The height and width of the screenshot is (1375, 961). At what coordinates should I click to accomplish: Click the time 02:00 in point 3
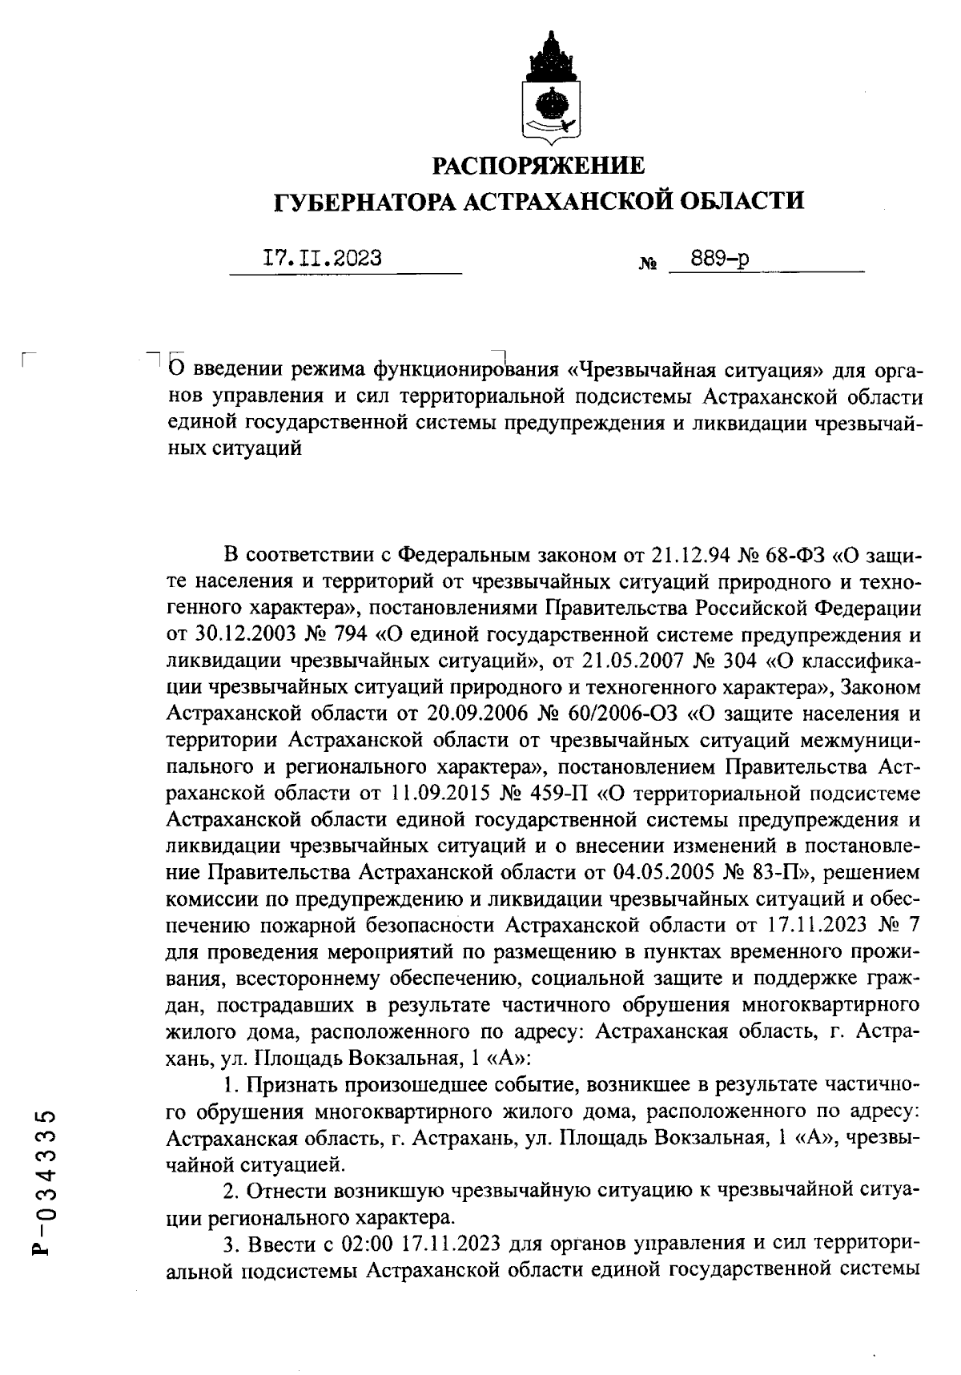pyautogui.click(x=348, y=1244)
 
